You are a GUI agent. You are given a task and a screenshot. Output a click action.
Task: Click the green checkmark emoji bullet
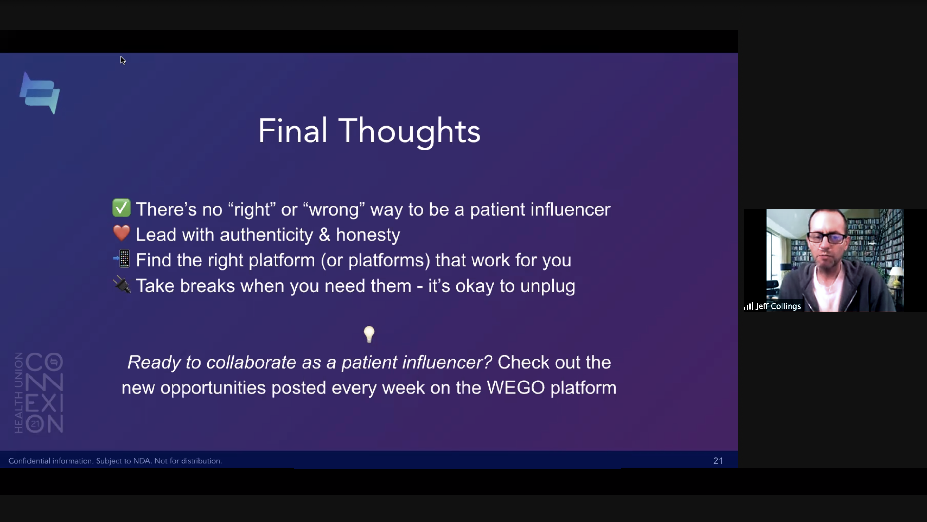[121, 208]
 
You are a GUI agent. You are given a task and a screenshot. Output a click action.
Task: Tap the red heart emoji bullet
[121, 233]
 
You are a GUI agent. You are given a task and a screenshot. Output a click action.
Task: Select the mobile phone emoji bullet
[122, 259]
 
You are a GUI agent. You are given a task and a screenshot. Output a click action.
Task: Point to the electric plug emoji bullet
[122, 285]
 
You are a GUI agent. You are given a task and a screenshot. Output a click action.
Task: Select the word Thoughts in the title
[409, 132]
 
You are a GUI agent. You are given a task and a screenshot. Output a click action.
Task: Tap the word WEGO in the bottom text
[516, 388]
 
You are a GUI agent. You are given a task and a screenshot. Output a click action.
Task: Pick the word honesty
[368, 235]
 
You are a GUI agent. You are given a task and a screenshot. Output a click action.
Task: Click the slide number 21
[718, 461]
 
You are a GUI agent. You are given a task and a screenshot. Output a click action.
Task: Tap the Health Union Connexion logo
[39, 393]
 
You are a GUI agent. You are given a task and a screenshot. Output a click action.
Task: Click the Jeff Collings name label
[778, 306]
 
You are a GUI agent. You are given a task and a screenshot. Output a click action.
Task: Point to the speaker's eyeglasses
[826, 237]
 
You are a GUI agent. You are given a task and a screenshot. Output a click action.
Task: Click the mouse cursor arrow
[123, 60]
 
